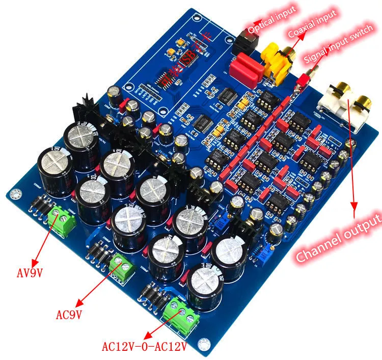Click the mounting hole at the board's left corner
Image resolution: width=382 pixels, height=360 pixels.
pyautogui.click(x=14, y=194)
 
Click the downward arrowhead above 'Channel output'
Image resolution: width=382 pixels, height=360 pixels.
pyautogui.click(x=354, y=204)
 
